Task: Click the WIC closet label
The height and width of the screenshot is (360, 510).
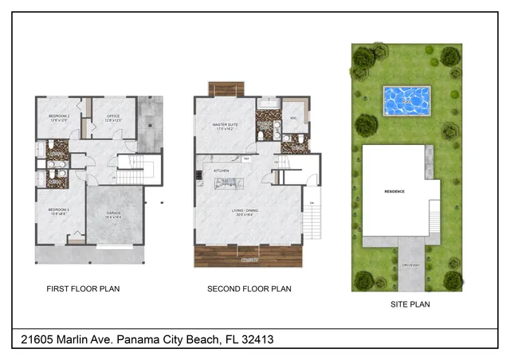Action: (x=293, y=118)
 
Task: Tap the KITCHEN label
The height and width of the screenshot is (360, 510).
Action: (x=221, y=170)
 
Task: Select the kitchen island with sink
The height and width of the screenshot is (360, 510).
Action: (x=229, y=184)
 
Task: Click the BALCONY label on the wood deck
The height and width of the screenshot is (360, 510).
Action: (x=249, y=260)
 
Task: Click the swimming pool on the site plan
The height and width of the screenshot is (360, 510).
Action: (x=406, y=100)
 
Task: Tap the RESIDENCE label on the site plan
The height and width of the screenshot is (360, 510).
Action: (x=395, y=192)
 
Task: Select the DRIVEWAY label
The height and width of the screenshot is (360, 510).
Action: (x=410, y=264)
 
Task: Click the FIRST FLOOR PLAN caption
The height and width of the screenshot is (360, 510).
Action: (x=83, y=289)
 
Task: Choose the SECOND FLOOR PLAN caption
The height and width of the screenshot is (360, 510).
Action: (x=249, y=289)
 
